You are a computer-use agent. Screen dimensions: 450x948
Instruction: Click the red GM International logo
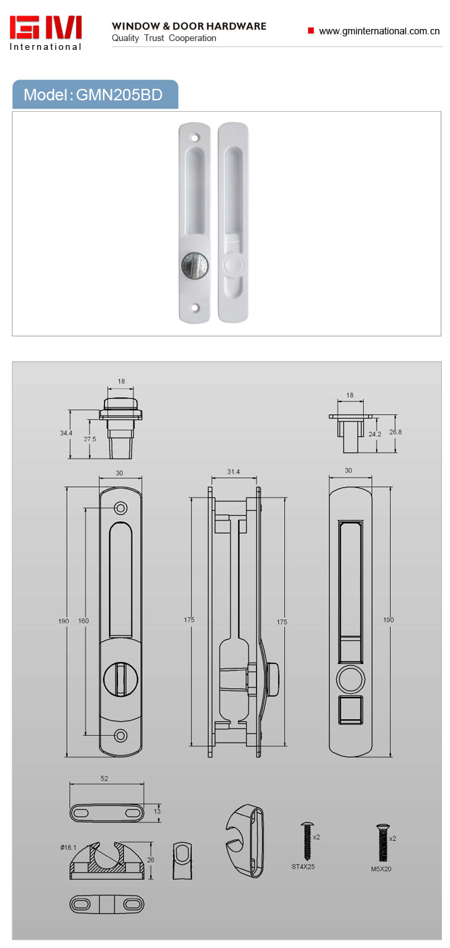tap(45, 34)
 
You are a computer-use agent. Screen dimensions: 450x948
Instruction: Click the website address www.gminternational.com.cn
tap(379, 31)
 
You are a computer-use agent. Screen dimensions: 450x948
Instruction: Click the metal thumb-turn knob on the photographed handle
tap(195, 265)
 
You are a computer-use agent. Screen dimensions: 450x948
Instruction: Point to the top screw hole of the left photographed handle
tap(195, 138)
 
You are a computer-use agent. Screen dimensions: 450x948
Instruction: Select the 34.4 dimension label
tap(66, 433)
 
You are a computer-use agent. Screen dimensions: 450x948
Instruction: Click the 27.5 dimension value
tap(90, 439)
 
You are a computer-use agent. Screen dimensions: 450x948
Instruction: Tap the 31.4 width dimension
tap(233, 471)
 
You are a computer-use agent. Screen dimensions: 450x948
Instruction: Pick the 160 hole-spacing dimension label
tap(84, 621)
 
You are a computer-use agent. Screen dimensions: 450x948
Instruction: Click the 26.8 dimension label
tap(395, 432)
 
